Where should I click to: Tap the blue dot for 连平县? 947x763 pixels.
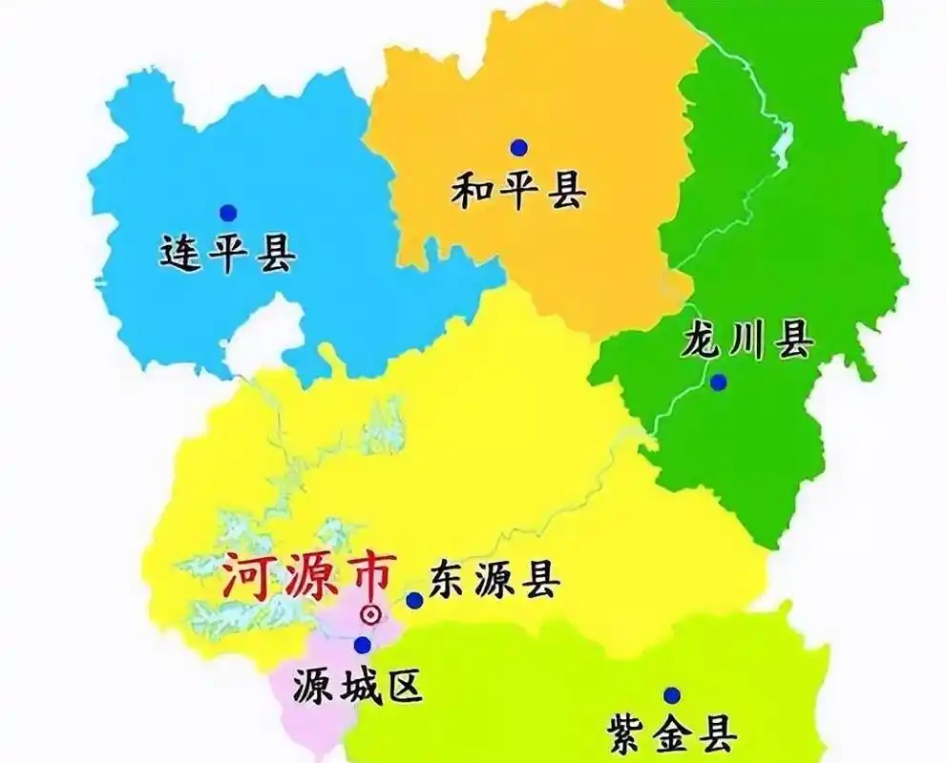point(227,212)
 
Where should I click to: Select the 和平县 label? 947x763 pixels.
point(518,192)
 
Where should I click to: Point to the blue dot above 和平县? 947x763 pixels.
point(518,147)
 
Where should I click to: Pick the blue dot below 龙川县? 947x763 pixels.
point(718,381)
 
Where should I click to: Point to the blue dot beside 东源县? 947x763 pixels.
point(414,600)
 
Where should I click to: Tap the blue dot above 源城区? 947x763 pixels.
point(362,646)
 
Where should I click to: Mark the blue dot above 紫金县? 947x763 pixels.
point(672,695)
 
